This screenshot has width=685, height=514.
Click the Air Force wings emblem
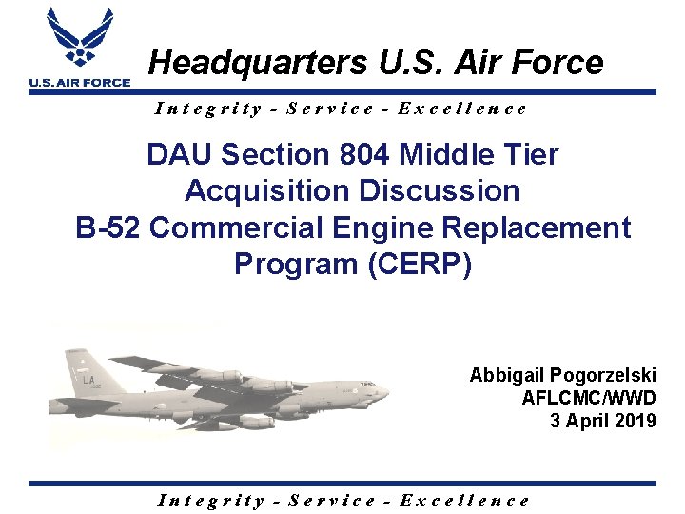point(79,40)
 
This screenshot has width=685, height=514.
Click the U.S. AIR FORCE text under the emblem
point(79,83)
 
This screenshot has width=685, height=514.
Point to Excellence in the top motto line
point(462,109)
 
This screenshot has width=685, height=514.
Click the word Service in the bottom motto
point(332,501)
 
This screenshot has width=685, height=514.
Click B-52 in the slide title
point(108,227)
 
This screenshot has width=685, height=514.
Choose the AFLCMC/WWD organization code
point(588,398)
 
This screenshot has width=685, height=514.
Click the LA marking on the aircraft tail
point(89,380)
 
